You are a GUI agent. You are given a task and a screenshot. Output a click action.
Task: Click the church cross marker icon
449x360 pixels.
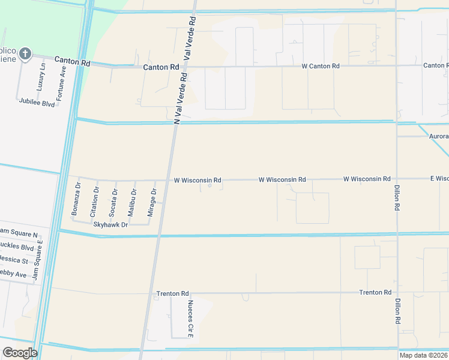click(x=25, y=55)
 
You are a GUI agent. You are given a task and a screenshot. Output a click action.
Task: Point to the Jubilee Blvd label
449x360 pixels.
click(x=37, y=103)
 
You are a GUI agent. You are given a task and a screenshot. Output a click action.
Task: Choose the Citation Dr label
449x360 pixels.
click(x=94, y=202)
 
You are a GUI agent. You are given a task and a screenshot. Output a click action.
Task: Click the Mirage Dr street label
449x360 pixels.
click(x=152, y=203)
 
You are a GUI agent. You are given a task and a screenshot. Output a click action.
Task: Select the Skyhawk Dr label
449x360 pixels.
click(x=111, y=224)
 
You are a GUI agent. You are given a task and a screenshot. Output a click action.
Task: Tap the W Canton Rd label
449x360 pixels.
click(x=321, y=66)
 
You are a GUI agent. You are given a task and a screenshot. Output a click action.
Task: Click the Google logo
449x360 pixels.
click(x=20, y=353)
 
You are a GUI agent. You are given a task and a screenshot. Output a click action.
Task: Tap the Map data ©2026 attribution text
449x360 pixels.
click(x=423, y=355)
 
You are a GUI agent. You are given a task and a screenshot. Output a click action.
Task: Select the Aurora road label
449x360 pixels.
click(x=438, y=137)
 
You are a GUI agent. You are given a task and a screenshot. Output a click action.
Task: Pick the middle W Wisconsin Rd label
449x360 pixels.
click(x=282, y=179)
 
